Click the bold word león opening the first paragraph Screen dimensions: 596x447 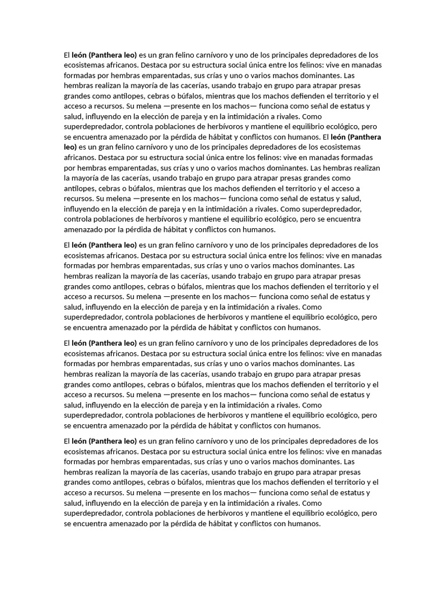click(x=79, y=55)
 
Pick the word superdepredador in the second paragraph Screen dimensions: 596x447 click(x=92, y=317)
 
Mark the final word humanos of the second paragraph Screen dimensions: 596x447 click(x=302, y=328)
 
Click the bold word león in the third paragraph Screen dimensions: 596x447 click(x=79, y=343)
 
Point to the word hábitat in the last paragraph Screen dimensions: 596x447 click(x=221, y=524)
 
